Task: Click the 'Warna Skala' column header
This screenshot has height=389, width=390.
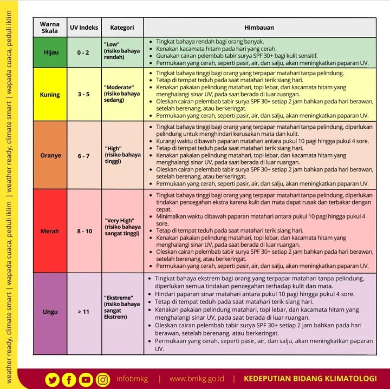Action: click(50, 27)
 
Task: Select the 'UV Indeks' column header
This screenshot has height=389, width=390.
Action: click(83, 27)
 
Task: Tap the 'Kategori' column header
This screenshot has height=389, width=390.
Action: click(122, 27)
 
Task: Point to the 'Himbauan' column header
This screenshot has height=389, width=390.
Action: click(259, 27)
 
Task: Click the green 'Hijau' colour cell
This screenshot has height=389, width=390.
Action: click(50, 52)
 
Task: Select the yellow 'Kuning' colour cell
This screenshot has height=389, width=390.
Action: click(50, 94)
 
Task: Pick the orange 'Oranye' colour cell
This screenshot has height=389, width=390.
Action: click(50, 155)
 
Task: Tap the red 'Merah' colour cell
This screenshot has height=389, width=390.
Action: click(50, 231)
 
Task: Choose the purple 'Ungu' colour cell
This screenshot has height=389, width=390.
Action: click(50, 312)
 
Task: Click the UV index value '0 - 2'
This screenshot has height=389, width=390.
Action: click(83, 52)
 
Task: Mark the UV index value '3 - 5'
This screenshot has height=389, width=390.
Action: click(83, 94)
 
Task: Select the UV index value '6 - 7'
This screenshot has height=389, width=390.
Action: click(83, 155)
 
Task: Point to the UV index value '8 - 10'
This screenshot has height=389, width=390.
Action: click(83, 231)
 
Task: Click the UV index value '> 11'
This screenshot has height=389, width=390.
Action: click(83, 312)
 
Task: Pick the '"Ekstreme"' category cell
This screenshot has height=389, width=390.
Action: click(122, 307)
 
